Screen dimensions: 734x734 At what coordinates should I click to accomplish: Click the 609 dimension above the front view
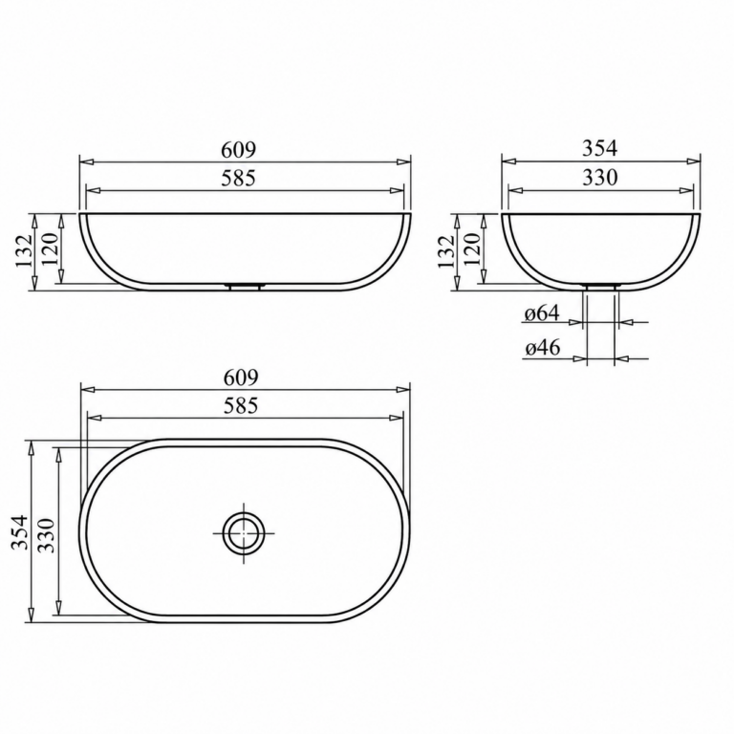tap(239, 150)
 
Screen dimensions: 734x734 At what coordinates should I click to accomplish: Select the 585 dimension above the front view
tap(239, 179)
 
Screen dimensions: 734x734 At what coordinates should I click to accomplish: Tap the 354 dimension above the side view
tap(599, 148)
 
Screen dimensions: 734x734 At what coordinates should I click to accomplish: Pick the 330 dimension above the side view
tap(599, 178)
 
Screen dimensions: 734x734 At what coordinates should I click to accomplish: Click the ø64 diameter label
tap(542, 313)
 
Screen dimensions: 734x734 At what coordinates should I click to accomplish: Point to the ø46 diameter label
tap(542, 348)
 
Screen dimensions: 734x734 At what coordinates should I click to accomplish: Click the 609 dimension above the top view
tap(241, 378)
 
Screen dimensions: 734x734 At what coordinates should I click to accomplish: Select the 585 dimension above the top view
tap(241, 406)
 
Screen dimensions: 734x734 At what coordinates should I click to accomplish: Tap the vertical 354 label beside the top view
tap(20, 532)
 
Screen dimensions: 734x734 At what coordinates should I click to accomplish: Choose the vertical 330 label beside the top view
tap(46, 535)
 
